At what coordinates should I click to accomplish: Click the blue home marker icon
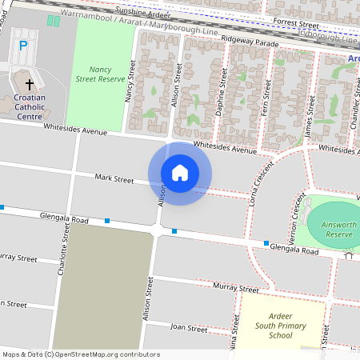pyautogui.click(x=180, y=173)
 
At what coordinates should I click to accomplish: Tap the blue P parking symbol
pyautogui.click(x=23, y=46)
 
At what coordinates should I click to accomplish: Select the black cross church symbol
pyautogui.click(x=30, y=84)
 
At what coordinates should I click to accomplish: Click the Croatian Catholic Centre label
pyautogui.click(x=30, y=107)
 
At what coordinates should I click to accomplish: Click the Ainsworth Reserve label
pyautogui.click(x=339, y=230)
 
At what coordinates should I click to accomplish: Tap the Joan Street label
pyautogui.click(x=189, y=328)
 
